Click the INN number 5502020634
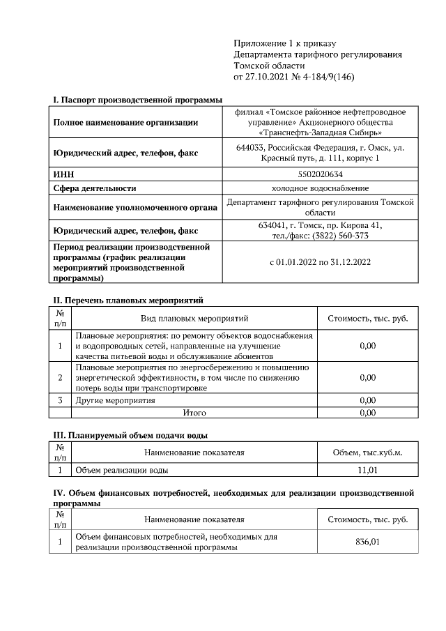point(320,173)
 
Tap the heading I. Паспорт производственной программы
point(132,100)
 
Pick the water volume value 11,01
point(367,470)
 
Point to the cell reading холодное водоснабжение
point(320,188)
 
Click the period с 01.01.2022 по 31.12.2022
point(320,263)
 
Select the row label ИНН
point(64,173)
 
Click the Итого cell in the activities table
point(194,413)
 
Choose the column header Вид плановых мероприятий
point(194,319)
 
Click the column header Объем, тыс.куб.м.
point(367,452)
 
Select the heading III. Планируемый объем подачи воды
point(130,435)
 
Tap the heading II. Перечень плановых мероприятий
point(128,301)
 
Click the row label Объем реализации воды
point(121,470)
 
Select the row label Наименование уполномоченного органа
point(132,207)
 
